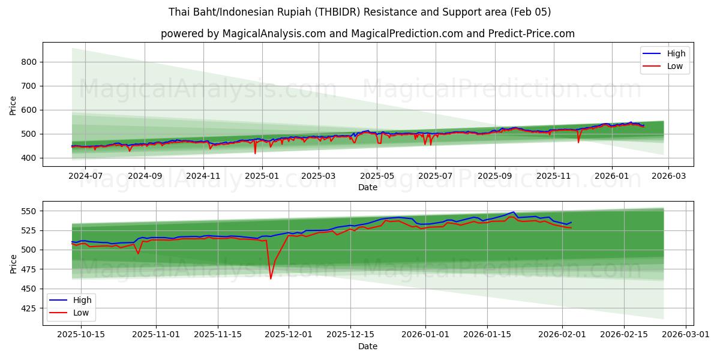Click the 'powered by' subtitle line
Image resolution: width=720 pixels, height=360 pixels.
[368, 34]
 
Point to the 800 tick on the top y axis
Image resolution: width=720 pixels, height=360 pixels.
[29, 62]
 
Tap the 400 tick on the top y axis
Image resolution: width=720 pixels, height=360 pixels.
[29, 158]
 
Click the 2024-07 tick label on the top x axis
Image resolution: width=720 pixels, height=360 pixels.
[85, 176]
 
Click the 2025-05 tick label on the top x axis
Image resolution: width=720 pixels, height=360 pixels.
[377, 176]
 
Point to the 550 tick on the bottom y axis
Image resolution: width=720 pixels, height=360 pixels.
[29, 211]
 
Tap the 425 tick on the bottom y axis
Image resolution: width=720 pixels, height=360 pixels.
[29, 308]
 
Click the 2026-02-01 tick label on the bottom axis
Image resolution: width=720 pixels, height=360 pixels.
[563, 335]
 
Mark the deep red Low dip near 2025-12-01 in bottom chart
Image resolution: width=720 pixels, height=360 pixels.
[271, 278]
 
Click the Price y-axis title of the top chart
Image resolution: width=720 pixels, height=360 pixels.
[13, 104]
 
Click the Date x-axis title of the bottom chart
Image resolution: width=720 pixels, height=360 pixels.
[368, 346]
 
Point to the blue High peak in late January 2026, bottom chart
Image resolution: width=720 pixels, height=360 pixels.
[514, 212]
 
